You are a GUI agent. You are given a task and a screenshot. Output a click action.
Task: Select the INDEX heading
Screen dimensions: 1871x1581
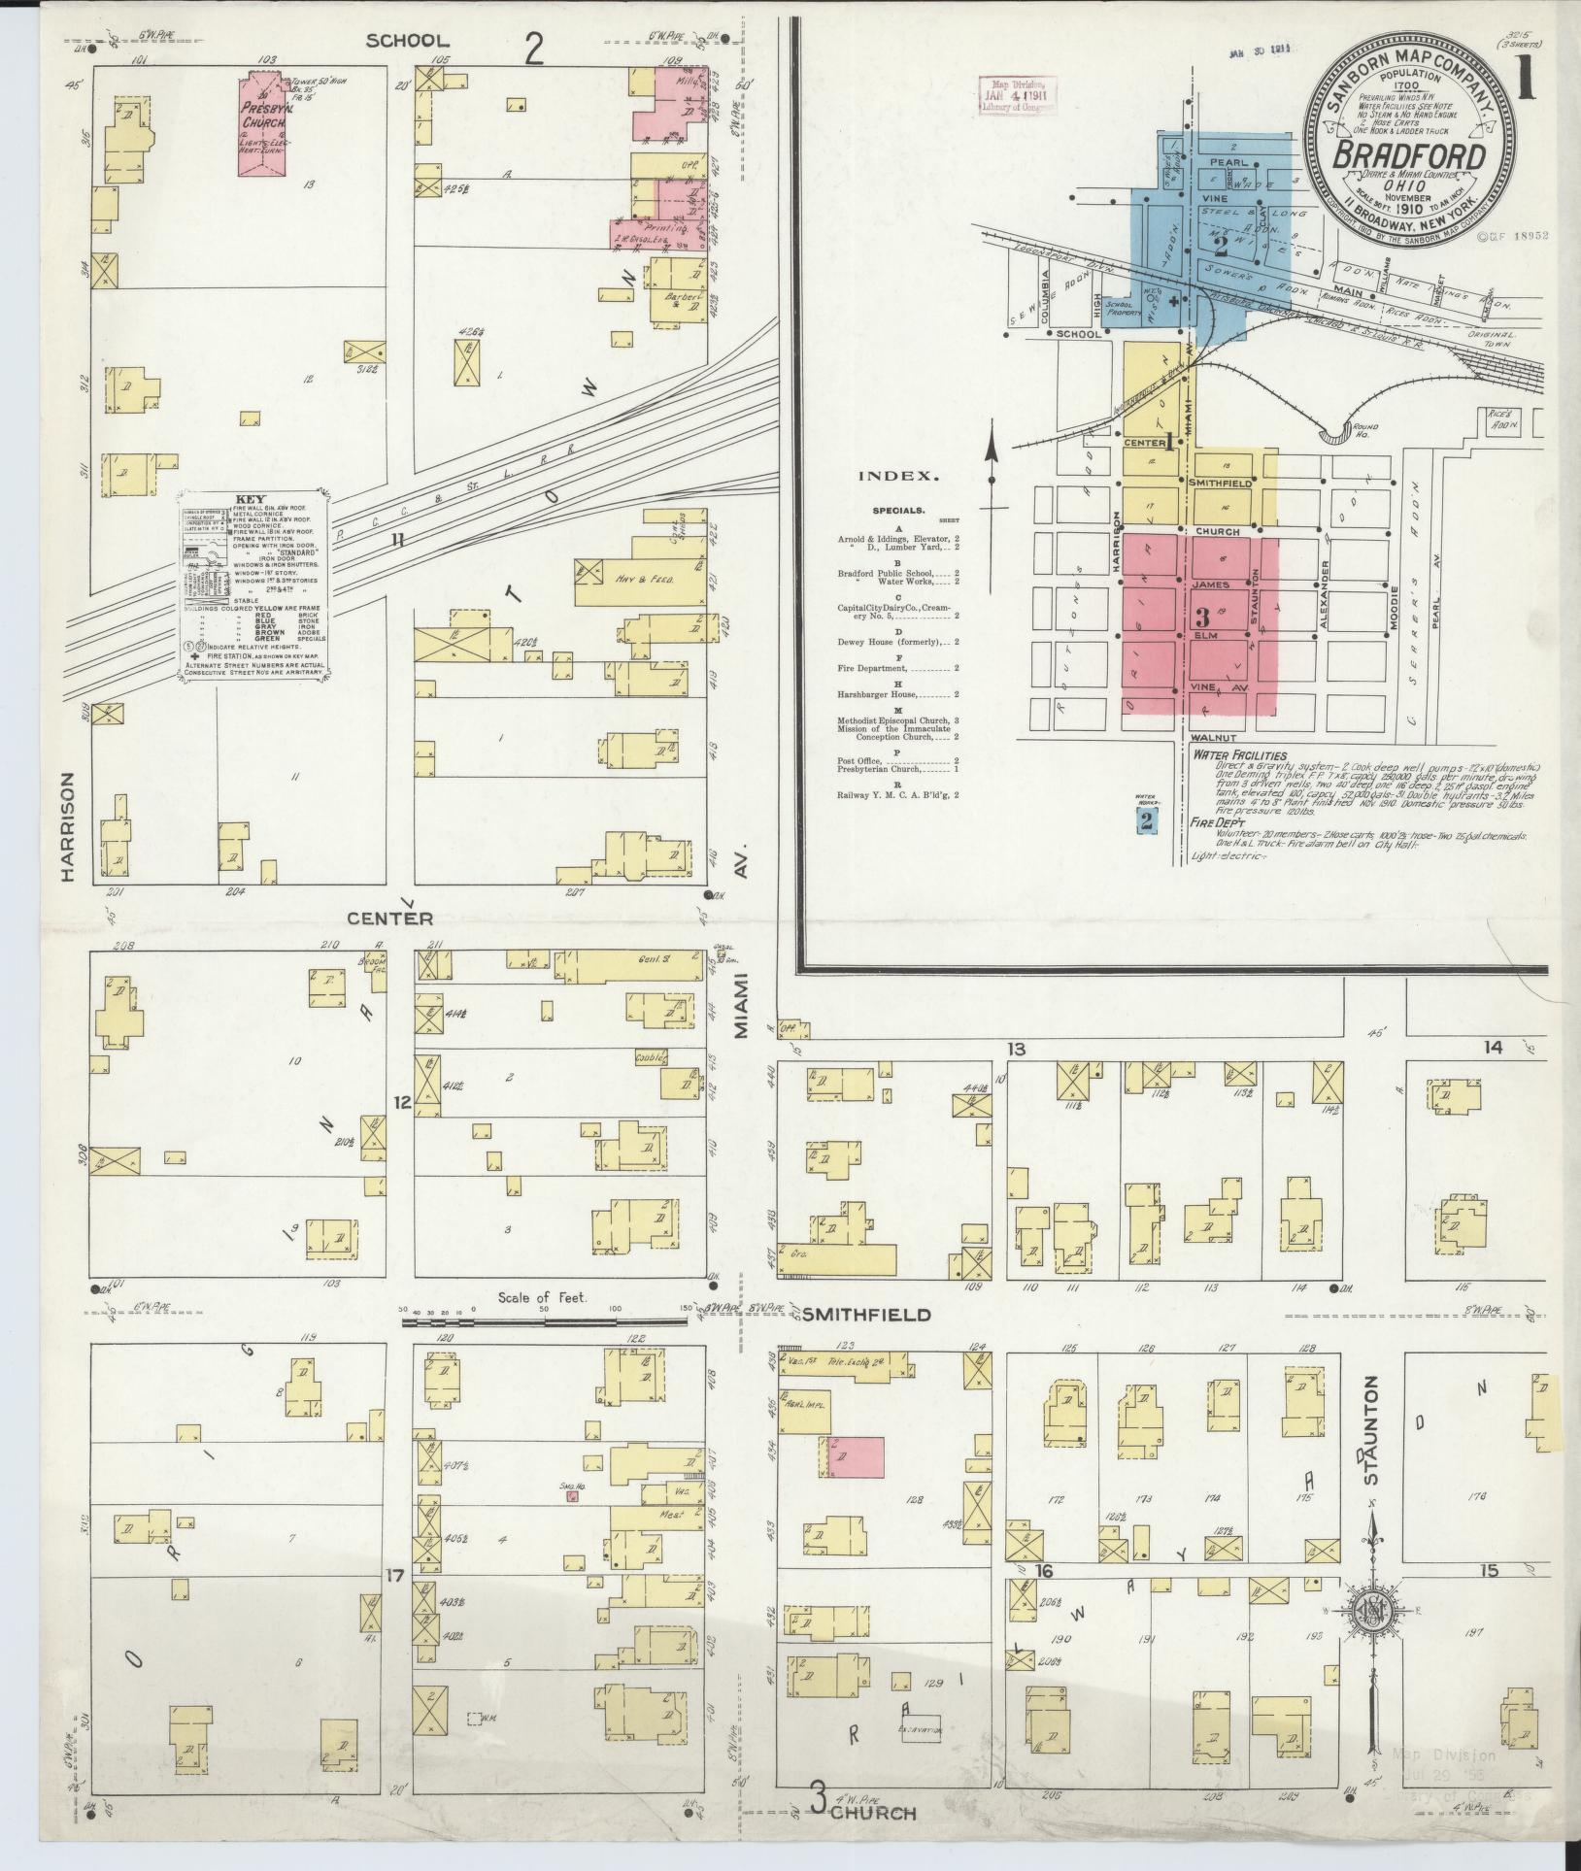point(898,477)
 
